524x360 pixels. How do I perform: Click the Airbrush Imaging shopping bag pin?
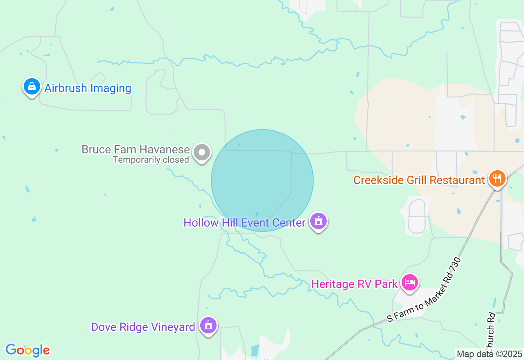point(32,87)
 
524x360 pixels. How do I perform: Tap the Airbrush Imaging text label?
point(88,88)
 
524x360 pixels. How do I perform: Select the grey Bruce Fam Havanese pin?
point(201,153)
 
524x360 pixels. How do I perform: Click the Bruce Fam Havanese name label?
point(136,150)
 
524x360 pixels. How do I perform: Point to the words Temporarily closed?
point(151,160)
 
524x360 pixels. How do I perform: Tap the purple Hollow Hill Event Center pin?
point(318,221)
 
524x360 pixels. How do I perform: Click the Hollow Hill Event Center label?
point(244,223)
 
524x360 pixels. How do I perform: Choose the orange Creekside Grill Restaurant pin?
point(497,179)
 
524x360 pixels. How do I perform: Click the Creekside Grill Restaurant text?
point(419,180)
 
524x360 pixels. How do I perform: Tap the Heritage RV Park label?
point(354,284)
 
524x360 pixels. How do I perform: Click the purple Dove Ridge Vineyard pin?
point(208,326)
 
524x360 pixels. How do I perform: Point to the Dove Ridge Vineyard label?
point(143,327)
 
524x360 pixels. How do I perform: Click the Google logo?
point(27,351)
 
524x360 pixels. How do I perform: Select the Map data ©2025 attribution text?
point(489,354)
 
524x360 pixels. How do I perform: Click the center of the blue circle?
point(262,180)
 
